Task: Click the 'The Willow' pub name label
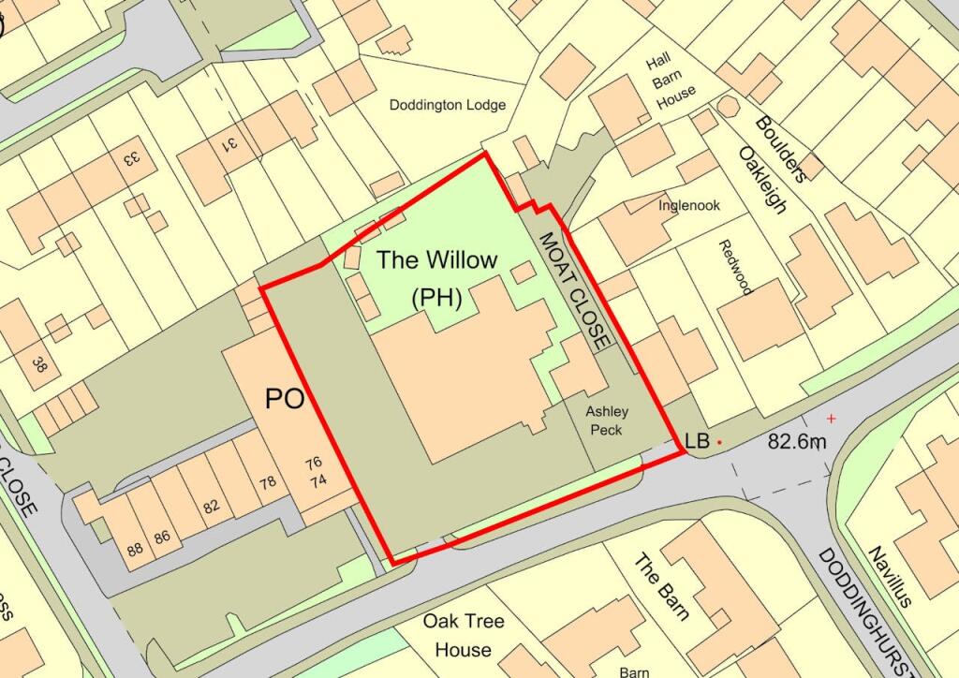437,260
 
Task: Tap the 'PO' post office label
285,400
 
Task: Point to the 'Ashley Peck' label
607,420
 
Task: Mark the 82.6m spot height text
797,440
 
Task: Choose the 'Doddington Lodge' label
448,105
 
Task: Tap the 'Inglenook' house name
688,205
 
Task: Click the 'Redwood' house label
736,267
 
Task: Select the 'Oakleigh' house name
761,179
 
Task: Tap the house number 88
135,550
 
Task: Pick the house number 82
210,507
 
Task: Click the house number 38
39,364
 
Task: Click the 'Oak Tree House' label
464,635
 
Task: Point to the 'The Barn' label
662,587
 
